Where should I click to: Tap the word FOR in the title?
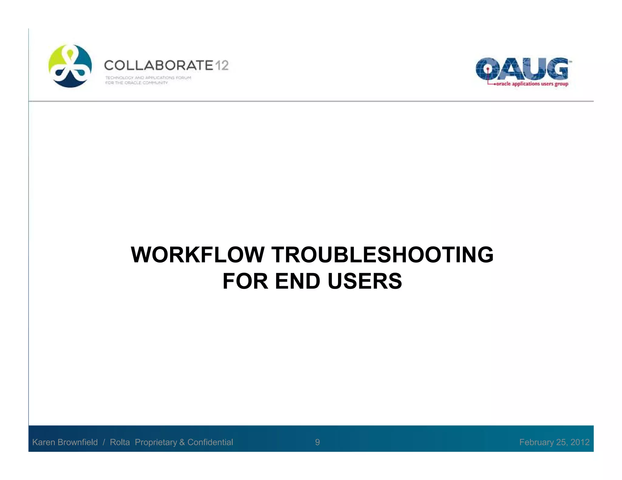245,281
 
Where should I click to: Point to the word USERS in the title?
365,281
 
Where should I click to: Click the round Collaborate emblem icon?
70,66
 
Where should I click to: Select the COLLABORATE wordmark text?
159,66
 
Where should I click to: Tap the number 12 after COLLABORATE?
222,66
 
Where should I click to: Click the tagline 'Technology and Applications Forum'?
148,78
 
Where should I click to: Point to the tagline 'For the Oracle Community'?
136,83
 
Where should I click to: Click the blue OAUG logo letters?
522,69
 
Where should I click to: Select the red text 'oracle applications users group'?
532,84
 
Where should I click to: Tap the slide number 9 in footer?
317,442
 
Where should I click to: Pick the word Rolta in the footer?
120,442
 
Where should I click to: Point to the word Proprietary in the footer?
156,442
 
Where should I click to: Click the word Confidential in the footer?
210,442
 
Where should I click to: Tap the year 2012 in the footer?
580,442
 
